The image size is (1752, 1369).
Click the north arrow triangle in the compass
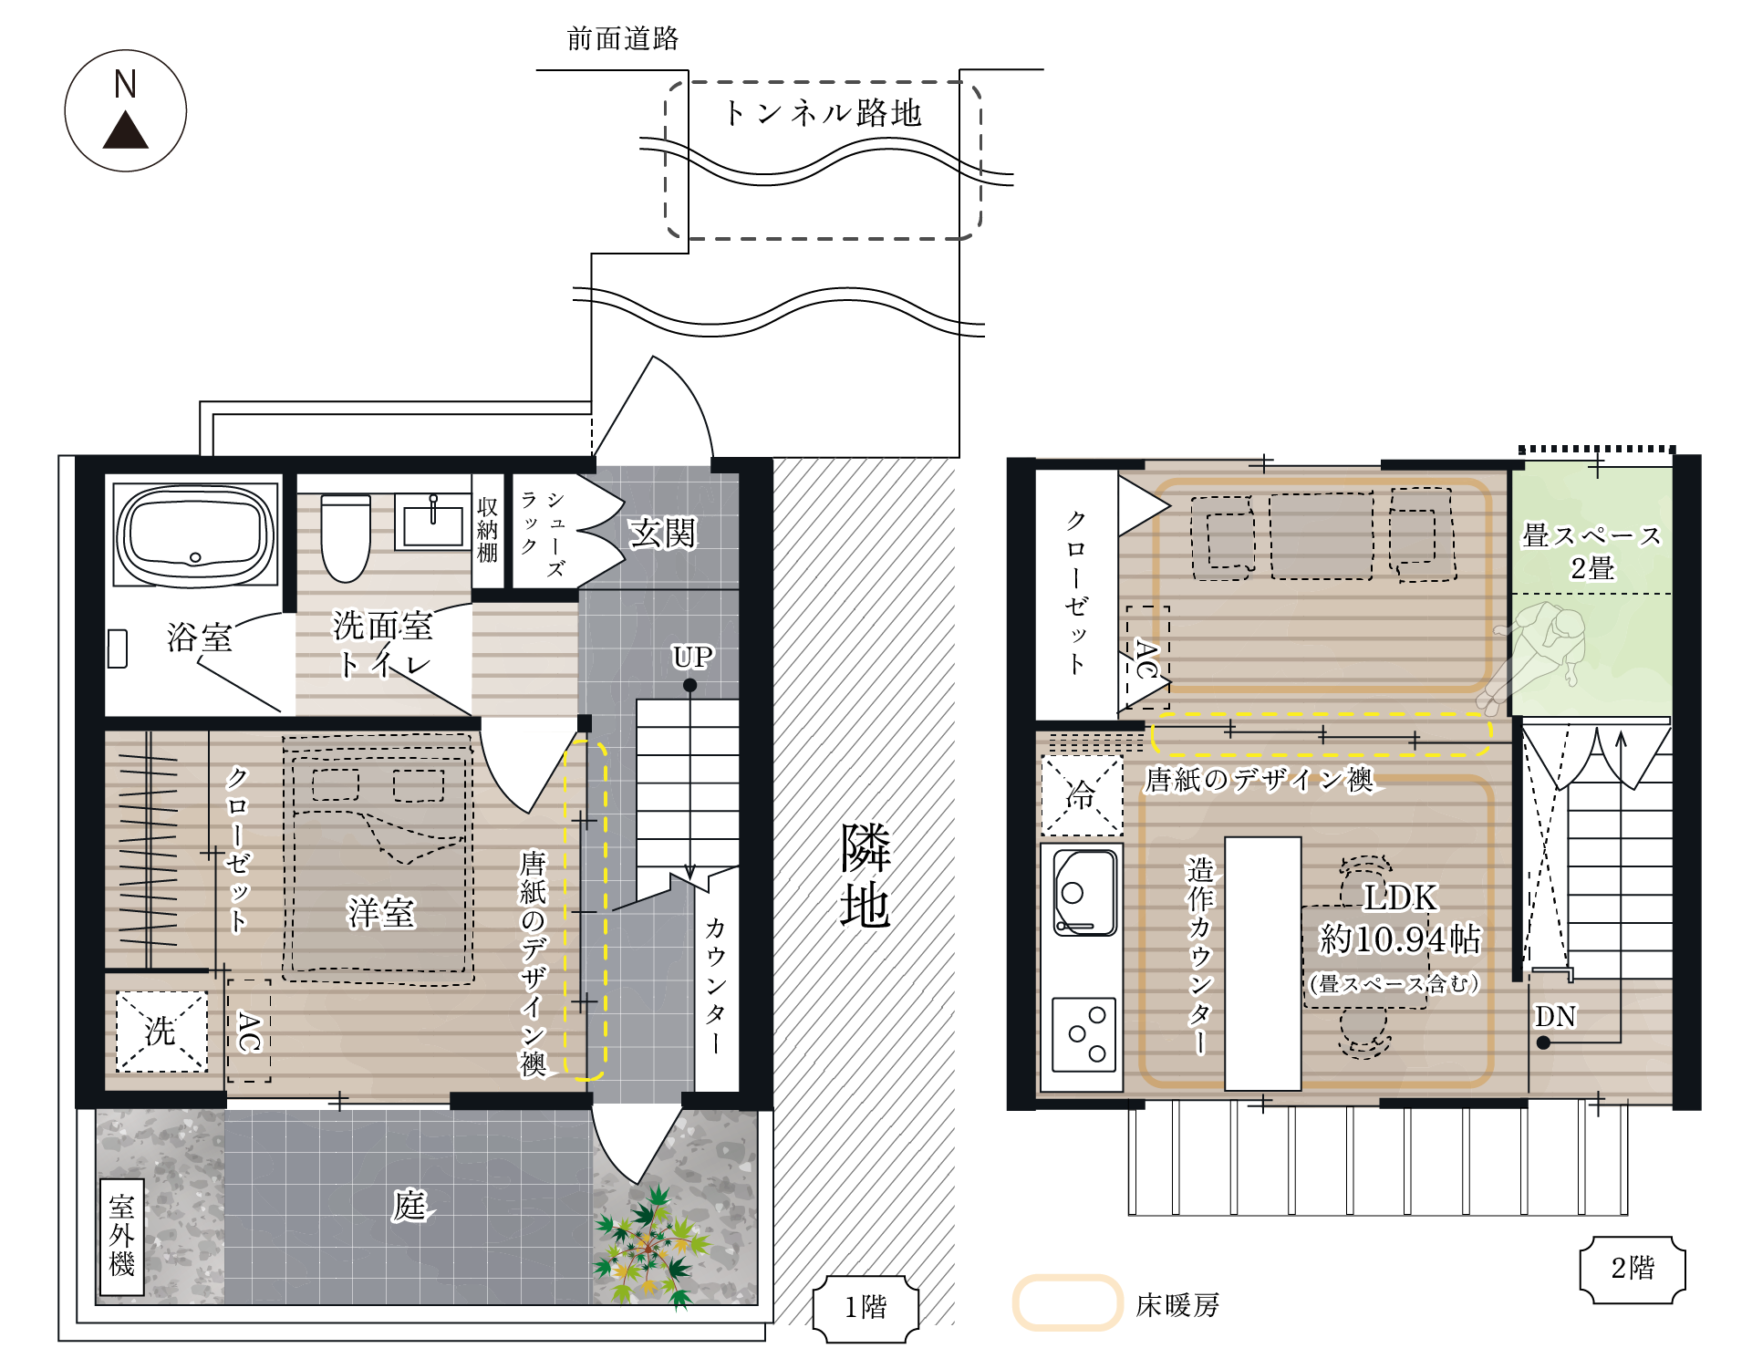click(125, 131)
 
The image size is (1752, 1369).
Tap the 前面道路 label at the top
click(623, 38)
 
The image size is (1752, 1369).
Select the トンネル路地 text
click(823, 113)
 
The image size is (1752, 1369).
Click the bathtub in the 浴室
click(195, 534)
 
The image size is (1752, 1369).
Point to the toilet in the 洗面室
click(346, 538)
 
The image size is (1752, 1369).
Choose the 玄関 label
click(662, 533)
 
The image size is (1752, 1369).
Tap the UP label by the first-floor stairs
click(692, 657)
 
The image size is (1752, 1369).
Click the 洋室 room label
click(381, 912)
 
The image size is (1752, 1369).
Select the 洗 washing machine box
click(161, 1032)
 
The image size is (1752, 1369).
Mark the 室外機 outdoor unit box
click(121, 1237)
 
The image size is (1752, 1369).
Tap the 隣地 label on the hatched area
click(865, 876)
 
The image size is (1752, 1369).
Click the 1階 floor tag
click(866, 1308)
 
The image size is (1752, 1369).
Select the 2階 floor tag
click(1633, 1269)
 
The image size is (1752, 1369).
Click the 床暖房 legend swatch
click(1067, 1302)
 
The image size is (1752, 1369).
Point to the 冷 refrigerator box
click(1082, 795)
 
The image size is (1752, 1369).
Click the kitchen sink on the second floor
click(1085, 893)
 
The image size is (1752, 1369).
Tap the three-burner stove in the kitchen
click(1084, 1034)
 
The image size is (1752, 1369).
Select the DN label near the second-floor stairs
click(1555, 1016)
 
